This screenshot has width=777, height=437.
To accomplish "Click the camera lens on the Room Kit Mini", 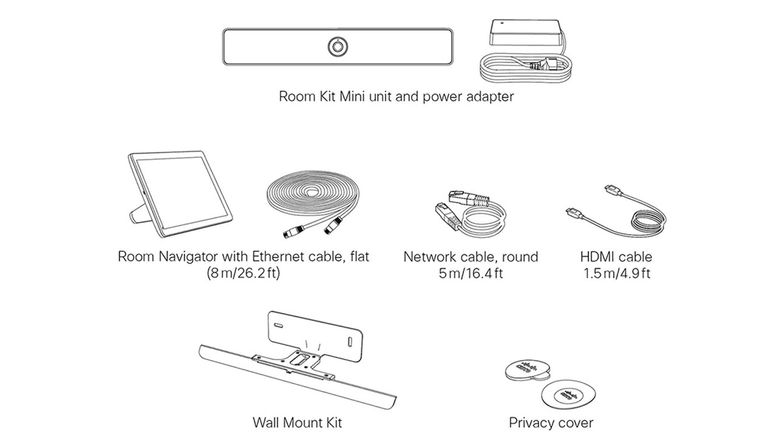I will pos(337,47).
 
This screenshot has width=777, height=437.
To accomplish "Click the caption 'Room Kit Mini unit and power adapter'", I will pos(396,97).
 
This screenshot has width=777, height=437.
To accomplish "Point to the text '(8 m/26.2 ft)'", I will pos(243,273).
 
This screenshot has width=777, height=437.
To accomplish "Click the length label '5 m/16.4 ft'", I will pos(470,273).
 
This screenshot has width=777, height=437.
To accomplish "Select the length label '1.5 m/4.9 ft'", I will pos(616,273).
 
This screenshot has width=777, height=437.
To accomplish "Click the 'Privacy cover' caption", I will pos(551,422).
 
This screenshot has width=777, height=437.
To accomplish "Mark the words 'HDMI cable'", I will pos(616,257).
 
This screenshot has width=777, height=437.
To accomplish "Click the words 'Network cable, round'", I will pos(470,257).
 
